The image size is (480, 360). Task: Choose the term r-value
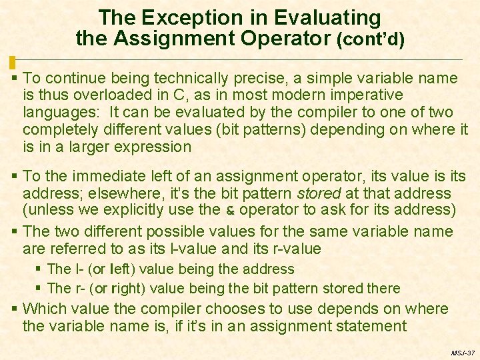pyautogui.click(x=295, y=249)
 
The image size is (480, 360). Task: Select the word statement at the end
pyautogui.click(x=372, y=326)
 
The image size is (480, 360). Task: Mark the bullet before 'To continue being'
pyautogui.click(x=15, y=79)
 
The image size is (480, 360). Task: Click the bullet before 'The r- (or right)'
pyautogui.click(x=40, y=289)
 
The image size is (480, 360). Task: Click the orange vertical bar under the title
pyautogui.click(x=12, y=63)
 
